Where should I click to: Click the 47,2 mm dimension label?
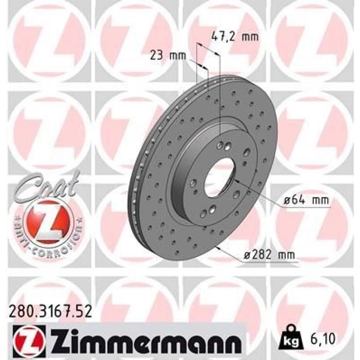(x=234, y=37)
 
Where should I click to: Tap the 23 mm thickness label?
(x=168, y=56)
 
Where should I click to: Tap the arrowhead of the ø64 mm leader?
(x=236, y=180)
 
